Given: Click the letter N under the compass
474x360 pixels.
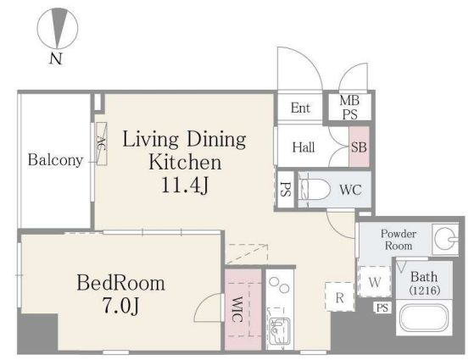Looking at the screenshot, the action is click(56, 58).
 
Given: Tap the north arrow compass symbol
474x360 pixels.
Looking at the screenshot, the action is click(58, 28).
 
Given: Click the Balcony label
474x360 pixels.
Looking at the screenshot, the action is click(55, 160).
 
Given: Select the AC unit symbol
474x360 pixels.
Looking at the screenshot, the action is click(101, 143).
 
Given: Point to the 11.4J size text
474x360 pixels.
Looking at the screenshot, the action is click(185, 185).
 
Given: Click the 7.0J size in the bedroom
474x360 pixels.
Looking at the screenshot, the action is click(121, 306).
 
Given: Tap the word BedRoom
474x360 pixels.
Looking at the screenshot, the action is click(121, 283).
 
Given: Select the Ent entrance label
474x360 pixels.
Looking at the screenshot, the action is click(300, 108).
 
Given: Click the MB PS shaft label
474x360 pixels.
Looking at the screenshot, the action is click(349, 108).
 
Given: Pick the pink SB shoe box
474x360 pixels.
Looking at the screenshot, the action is click(360, 147).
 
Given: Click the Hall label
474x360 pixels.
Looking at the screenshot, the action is click(304, 147).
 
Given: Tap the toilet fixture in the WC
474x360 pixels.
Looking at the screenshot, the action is click(314, 190).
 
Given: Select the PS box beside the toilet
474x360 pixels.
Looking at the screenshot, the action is click(286, 190).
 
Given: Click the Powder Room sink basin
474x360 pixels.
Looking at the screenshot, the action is click(445, 239).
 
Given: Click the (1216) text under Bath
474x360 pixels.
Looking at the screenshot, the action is click(425, 291).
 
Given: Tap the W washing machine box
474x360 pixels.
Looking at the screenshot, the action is click(375, 281).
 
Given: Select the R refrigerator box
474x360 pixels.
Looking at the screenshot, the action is click(339, 297).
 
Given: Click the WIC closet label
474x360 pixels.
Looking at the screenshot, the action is click(237, 309).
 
